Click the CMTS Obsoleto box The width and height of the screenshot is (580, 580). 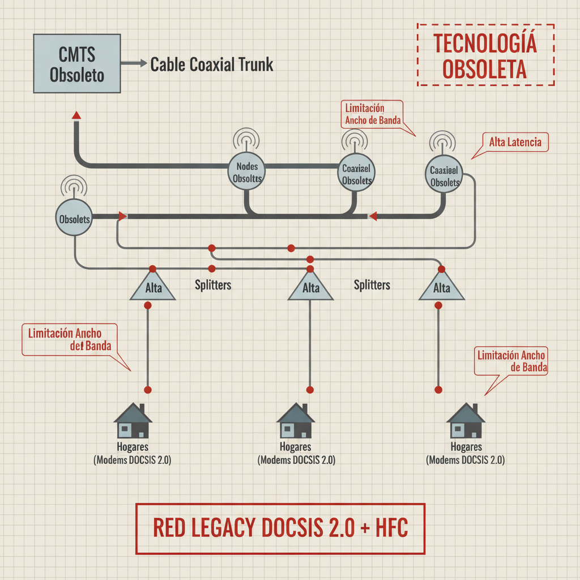coord(77,63)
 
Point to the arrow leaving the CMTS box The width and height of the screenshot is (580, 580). coord(134,64)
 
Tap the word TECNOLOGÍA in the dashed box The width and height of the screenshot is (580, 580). coord(485,45)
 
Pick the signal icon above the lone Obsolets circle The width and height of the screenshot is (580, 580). coord(74,186)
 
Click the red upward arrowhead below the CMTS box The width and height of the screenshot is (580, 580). coord(76,116)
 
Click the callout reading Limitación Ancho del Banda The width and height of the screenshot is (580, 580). coord(70,339)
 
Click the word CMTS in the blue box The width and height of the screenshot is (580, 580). coord(77,55)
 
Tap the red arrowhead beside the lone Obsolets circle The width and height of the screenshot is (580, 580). coord(122,216)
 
